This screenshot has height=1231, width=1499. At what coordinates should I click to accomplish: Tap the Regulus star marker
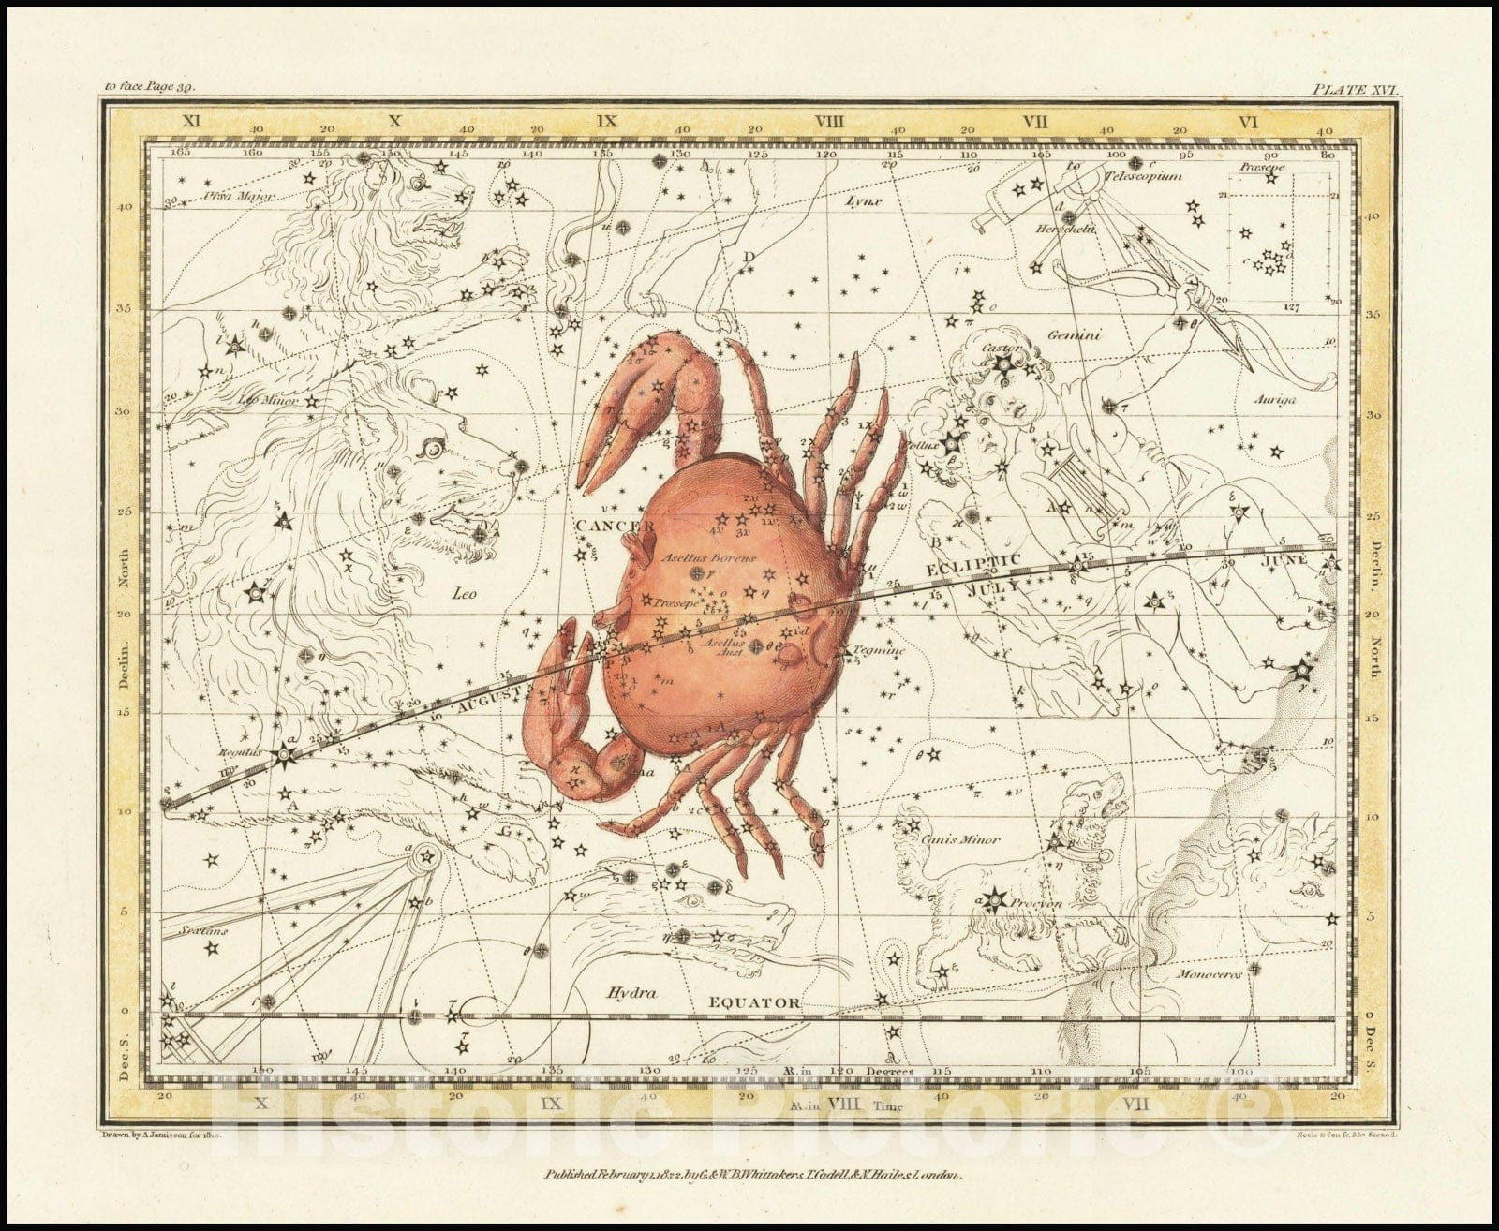[284, 753]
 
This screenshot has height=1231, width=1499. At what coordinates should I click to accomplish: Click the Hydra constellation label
[630, 992]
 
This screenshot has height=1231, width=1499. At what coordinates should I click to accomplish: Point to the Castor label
[1001, 349]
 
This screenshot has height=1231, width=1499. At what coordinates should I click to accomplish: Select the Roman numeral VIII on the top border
[830, 121]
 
